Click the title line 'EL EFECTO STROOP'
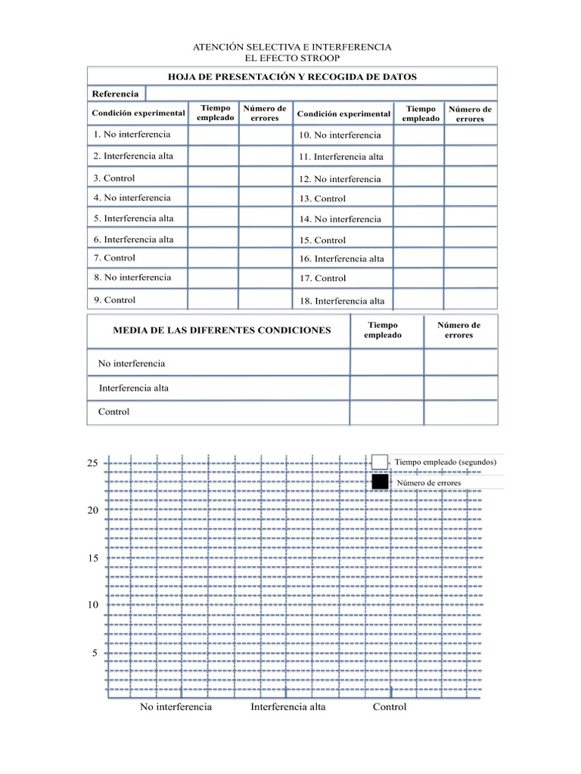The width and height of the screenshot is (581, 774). [x=292, y=58]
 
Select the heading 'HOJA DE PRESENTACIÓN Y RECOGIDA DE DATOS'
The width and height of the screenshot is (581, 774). [x=292, y=76]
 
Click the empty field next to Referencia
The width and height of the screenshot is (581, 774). [x=320, y=94]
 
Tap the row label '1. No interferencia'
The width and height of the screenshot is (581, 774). [x=132, y=135]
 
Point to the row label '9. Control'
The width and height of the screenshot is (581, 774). [x=115, y=300]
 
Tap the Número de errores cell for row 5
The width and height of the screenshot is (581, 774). [x=265, y=218]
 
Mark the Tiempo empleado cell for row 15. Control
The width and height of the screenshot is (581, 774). [x=418, y=239]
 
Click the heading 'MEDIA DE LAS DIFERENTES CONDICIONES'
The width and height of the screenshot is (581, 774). [x=222, y=331]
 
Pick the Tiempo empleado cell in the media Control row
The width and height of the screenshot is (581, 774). [x=387, y=412]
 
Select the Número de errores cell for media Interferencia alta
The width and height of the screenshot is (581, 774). [x=460, y=388]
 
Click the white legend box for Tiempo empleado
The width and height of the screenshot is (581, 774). [x=380, y=462]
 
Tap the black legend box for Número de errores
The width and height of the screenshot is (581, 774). [x=380, y=482]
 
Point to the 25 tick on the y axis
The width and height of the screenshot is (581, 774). [x=92, y=463]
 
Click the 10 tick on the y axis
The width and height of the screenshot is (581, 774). [x=92, y=605]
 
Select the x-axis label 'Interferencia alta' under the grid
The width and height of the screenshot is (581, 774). [x=288, y=707]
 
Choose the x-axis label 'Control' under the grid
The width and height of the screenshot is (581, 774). [x=390, y=707]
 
